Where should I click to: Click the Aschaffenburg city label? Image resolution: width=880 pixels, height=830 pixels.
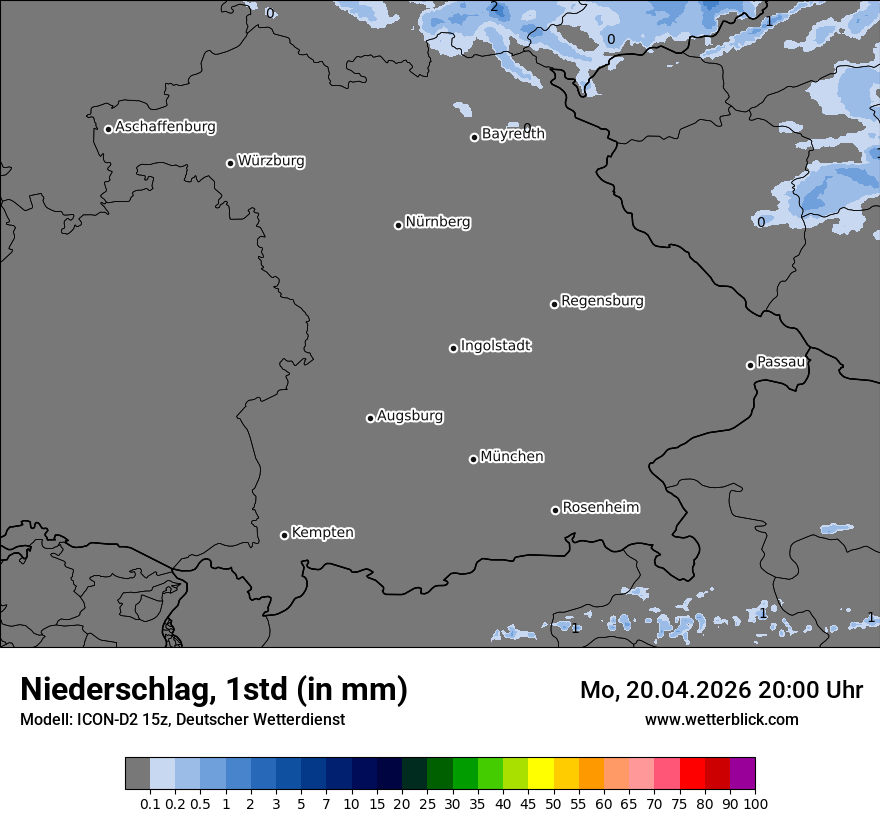pyautogui.click(x=165, y=127)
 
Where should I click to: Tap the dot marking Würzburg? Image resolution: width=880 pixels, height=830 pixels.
pyautogui.click(x=230, y=163)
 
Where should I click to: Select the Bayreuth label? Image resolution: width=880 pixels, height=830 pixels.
pyautogui.click(x=513, y=133)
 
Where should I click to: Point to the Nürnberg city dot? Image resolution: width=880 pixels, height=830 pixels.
pyautogui.click(x=398, y=225)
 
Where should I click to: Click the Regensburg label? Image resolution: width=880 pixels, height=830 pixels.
pyautogui.click(x=602, y=300)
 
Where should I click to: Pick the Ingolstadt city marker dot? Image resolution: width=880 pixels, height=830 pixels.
pyautogui.click(x=453, y=348)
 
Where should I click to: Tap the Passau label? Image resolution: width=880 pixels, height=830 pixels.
pyautogui.click(x=781, y=361)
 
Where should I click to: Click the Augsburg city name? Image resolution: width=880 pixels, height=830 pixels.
pyautogui.click(x=410, y=415)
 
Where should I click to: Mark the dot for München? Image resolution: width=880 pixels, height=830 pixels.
pyautogui.click(x=473, y=459)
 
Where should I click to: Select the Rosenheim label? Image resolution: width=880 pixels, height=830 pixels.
pyautogui.click(x=600, y=507)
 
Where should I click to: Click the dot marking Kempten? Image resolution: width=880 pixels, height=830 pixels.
pyautogui.click(x=284, y=535)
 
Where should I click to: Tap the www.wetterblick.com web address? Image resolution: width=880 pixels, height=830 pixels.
pyautogui.click(x=721, y=719)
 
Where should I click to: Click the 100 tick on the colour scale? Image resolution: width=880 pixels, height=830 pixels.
pyautogui.click(x=755, y=803)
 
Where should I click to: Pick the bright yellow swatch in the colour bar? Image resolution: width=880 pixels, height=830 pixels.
pyautogui.click(x=541, y=773)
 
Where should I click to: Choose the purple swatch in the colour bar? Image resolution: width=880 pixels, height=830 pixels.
pyautogui.click(x=742, y=773)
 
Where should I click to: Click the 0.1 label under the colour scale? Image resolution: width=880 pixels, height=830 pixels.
pyautogui.click(x=150, y=803)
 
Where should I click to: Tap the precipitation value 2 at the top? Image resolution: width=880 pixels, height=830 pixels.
pyautogui.click(x=494, y=7)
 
